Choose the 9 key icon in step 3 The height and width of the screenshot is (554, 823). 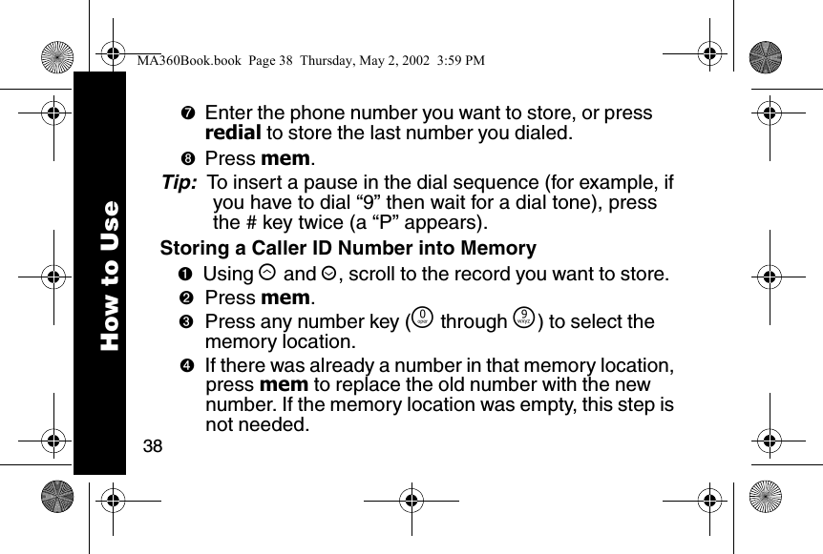pos(520,321)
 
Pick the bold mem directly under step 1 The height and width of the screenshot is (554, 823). pos(285,298)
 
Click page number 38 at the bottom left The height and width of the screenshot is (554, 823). pos(151,445)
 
